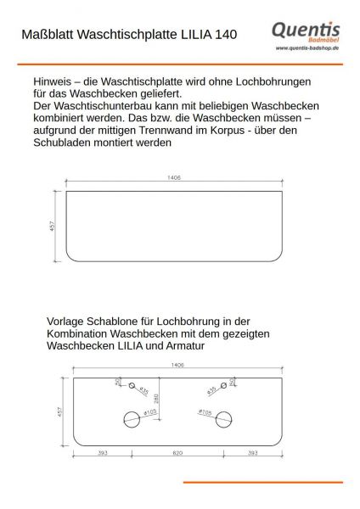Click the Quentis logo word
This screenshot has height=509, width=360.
tap(305, 31)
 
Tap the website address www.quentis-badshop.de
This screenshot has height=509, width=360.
tap(308, 48)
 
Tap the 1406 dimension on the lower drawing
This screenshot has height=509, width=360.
tap(177, 366)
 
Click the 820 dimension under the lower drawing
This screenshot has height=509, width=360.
tap(177, 454)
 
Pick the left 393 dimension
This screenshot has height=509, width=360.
tap(102, 454)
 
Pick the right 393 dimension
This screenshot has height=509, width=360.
tap(253, 454)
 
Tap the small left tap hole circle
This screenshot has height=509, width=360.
tap(132, 387)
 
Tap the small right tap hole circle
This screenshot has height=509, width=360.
tap(223, 387)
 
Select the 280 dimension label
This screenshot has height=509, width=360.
tap(155, 399)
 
